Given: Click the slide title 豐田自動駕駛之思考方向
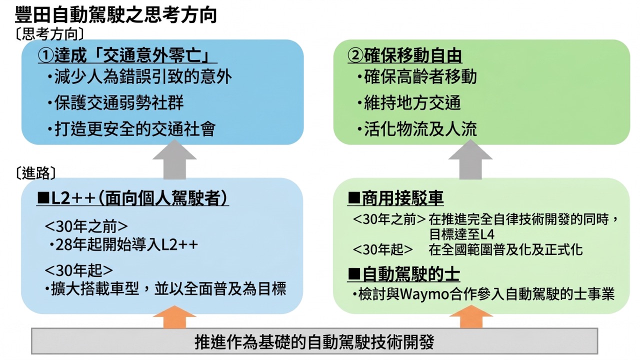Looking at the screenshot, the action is (x=115, y=14).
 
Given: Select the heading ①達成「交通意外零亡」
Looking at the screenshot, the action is (x=127, y=55).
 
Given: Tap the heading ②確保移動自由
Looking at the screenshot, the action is (x=405, y=55).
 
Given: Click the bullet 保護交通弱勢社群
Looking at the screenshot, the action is (x=115, y=103).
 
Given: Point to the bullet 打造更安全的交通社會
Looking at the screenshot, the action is (x=131, y=129).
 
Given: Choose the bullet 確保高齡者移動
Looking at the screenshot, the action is (x=417, y=76).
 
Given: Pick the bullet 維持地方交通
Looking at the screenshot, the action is (x=409, y=103).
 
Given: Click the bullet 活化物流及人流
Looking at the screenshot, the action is (x=417, y=129).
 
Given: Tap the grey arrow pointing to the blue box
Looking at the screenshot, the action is (x=174, y=159).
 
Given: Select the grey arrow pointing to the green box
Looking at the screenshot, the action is (x=470, y=159).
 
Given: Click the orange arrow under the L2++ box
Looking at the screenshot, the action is (x=174, y=317).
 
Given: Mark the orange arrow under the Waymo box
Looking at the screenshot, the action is (x=471, y=317).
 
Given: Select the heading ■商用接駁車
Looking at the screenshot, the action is (x=395, y=198).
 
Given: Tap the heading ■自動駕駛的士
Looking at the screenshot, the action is (x=403, y=274).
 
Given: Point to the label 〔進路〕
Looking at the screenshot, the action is (x=35, y=173).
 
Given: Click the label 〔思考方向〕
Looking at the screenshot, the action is (x=49, y=34).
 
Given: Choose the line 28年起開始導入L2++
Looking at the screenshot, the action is (x=123, y=244).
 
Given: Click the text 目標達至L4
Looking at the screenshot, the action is (x=461, y=234).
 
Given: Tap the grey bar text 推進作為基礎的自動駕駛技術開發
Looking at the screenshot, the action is (x=314, y=341).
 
